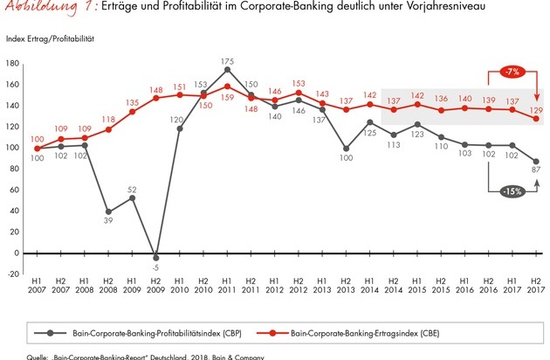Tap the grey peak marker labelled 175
(228, 69)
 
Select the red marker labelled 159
(228, 86)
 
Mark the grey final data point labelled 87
(534, 162)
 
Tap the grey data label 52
(133, 189)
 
